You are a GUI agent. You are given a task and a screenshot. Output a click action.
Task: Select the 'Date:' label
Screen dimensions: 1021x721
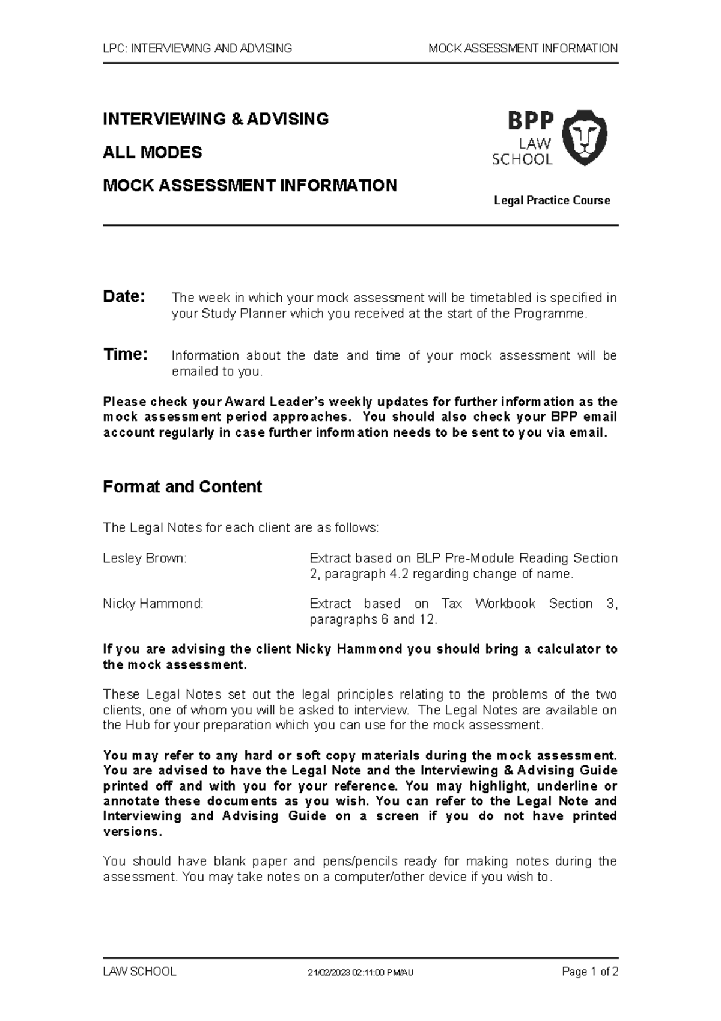(124, 297)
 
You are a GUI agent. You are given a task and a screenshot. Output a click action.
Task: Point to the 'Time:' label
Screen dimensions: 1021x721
(125, 355)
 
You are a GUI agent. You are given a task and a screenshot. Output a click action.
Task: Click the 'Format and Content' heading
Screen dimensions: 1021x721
(182, 486)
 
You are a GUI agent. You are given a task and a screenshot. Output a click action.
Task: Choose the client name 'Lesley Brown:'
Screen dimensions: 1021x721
(145, 558)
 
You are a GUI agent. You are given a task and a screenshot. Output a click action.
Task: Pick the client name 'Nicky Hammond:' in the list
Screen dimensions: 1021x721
(153, 604)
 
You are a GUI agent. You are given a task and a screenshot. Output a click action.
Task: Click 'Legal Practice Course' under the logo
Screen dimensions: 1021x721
(552, 201)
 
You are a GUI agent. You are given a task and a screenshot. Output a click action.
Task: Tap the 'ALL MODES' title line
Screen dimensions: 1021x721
(152, 152)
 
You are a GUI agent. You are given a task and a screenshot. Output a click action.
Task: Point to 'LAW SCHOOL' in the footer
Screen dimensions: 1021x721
(139, 972)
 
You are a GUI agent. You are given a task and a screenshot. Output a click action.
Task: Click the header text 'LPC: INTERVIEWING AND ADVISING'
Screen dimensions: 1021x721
(198, 49)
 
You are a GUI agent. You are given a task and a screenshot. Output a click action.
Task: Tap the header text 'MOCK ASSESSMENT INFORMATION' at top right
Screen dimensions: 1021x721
(523, 49)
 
